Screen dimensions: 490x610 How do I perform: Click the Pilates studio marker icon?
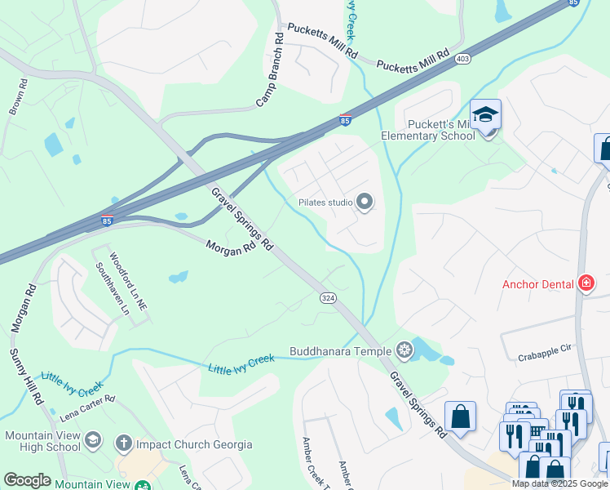tap(365, 201)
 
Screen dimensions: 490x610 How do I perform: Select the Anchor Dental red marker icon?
tap(586, 284)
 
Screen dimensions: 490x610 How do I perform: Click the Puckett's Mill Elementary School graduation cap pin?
tap(485, 116)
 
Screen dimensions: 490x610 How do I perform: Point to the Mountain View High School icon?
tap(93, 440)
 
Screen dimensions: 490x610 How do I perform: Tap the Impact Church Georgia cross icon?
tap(123, 444)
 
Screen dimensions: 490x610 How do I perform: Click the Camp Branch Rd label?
tap(269, 71)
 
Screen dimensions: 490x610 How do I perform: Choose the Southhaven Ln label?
tap(102, 288)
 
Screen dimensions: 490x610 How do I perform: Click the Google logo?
tap(27, 480)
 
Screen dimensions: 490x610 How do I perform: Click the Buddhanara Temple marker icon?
tap(404, 351)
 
